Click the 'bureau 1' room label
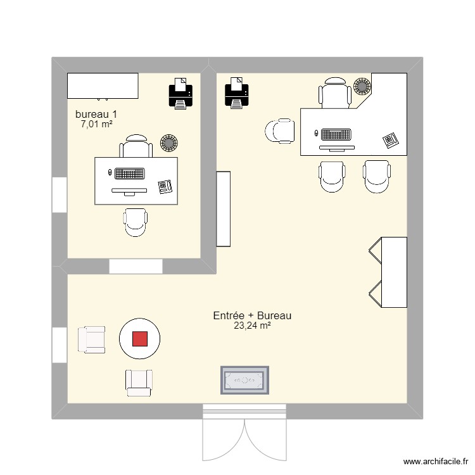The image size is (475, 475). (96, 114)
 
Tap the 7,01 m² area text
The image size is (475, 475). (96, 124)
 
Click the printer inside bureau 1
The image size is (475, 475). (180, 92)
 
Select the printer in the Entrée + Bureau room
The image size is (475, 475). (237, 92)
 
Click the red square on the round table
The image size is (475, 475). (140, 339)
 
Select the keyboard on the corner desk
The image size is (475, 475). (336, 134)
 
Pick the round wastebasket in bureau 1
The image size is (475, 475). (169, 143)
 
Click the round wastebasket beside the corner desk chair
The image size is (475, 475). (362, 86)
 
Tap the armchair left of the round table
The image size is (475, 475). (91, 339)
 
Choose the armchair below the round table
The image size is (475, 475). (139, 383)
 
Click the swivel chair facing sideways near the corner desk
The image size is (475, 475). (281, 131)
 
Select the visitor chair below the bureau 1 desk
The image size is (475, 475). (136, 222)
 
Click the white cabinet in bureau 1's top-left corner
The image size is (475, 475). (103, 85)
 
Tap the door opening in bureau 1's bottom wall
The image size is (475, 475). (136, 267)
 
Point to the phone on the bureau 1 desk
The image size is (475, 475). (166, 187)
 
